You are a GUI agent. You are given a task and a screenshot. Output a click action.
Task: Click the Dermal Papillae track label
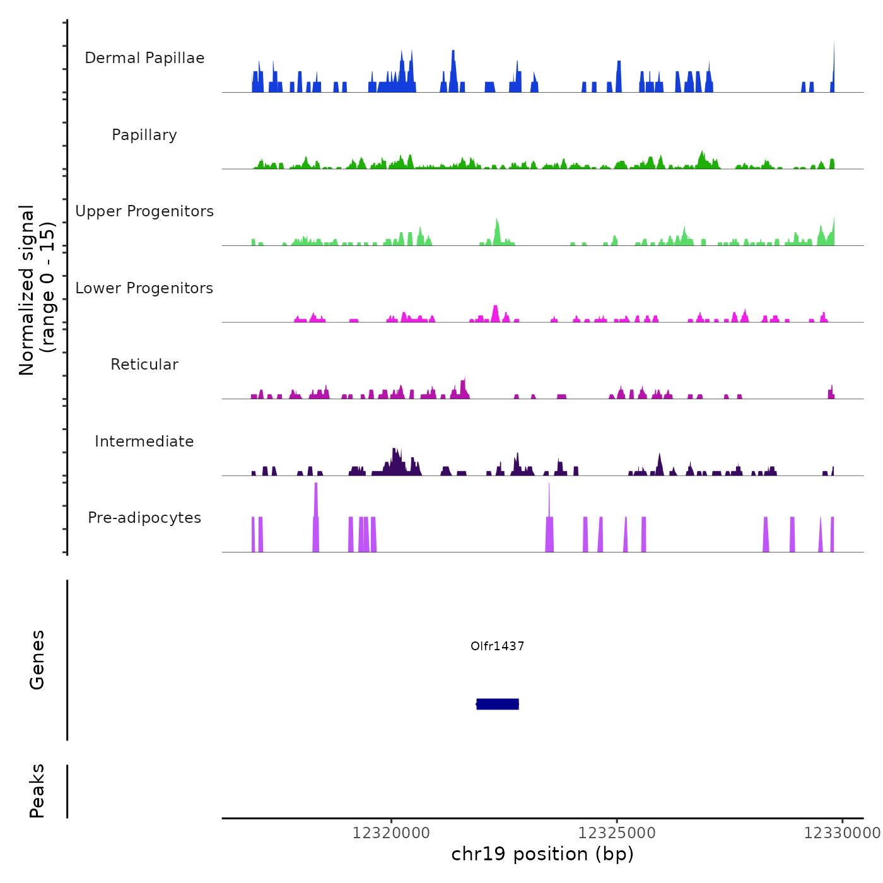pos(144,58)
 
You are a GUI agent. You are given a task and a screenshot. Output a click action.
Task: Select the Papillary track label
pos(144,135)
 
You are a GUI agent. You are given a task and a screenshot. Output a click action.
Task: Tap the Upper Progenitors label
pos(144,211)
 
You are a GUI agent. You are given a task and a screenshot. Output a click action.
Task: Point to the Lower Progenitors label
pos(144,288)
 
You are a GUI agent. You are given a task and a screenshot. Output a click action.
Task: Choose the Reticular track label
pos(144,365)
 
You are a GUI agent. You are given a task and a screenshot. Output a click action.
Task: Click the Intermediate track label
pos(144,441)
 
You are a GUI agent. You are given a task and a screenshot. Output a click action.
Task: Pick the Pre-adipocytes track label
pos(144,518)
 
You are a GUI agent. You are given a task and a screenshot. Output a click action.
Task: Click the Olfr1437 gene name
pos(497,646)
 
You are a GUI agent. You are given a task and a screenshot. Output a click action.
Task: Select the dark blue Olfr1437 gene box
pos(498,704)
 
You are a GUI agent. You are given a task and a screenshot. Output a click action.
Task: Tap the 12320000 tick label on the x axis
pos(391,833)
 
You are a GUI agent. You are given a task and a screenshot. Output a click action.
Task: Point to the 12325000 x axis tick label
pos(617,833)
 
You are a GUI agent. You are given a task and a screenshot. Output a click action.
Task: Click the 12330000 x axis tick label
pos(842,833)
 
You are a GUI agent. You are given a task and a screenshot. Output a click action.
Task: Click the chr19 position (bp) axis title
pos(542,854)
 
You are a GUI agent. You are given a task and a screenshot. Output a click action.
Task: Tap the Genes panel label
pos(37,660)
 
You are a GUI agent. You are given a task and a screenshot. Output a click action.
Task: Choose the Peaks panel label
pos(37,791)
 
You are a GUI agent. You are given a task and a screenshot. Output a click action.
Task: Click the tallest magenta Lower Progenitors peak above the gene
pos(495,313)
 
